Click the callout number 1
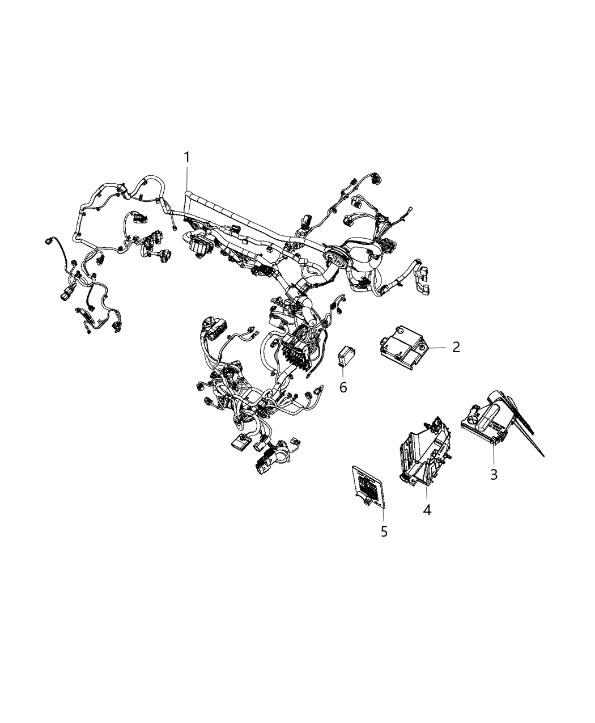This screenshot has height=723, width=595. click(x=186, y=157)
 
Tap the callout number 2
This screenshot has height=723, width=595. click(x=456, y=347)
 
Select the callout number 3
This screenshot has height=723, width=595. click(x=494, y=474)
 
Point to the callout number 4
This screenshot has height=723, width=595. click(x=427, y=510)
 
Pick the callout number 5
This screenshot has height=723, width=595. click(x=384, y=531)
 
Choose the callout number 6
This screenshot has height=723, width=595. click(x=343, y=387)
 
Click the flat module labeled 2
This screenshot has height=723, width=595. click(x=405, y=345)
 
